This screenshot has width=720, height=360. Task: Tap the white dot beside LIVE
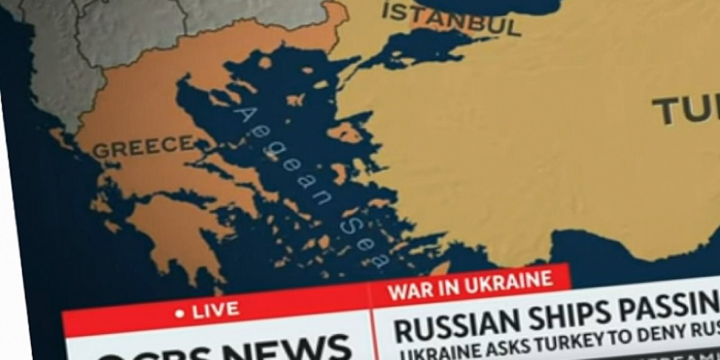(x=179, y=313)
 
